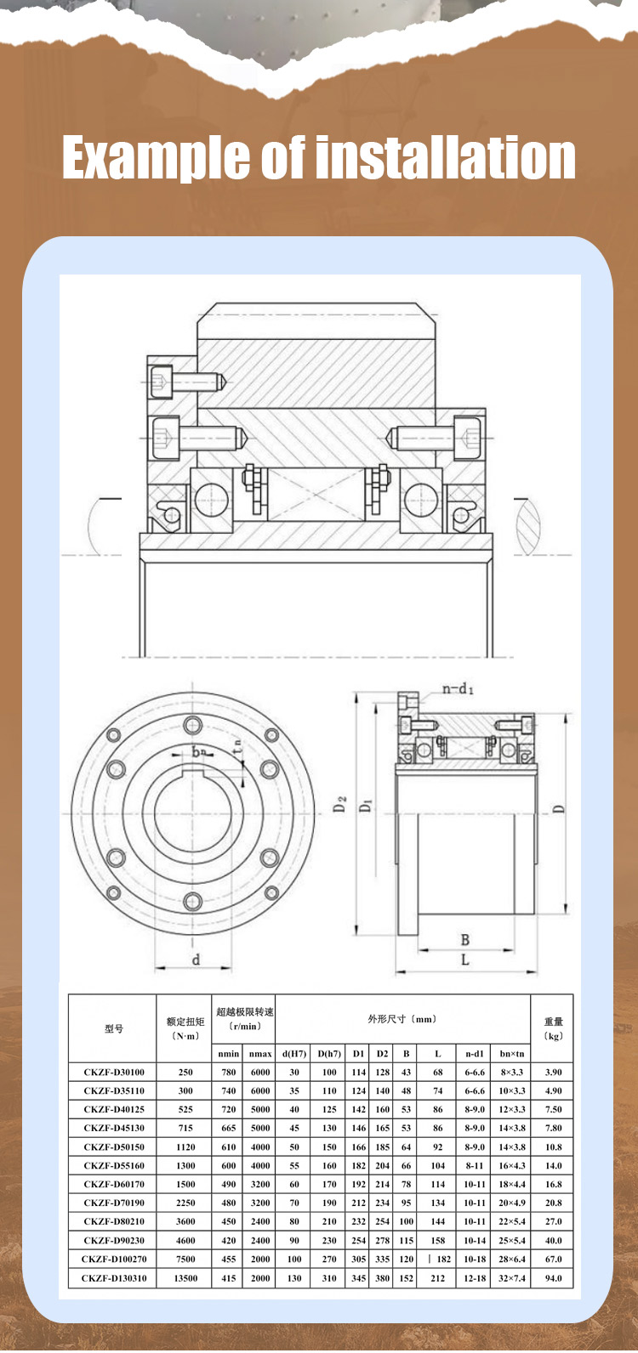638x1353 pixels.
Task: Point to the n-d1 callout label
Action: pos(458,688)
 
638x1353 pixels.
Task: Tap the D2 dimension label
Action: pos(339,804)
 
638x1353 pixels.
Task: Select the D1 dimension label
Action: pos(366,804)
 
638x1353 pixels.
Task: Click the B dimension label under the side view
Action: pos(464,939)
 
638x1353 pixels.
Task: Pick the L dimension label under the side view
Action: pos(464,960)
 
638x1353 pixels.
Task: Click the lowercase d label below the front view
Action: pos(196,960)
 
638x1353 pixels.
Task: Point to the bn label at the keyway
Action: pos(198,752)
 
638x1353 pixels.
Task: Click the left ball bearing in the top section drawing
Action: pos(211,500)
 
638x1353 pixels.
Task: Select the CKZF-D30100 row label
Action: pos(113,1072)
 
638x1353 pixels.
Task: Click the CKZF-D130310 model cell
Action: pos(113,1277)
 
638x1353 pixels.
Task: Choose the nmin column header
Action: pos(229,1053)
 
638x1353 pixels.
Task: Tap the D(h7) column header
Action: pos(329,1053)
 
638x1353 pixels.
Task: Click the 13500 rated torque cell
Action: pos(185,1277)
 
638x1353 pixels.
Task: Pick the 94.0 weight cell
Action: pos(553,1277)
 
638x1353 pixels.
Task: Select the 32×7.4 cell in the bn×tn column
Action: pos(512,1277)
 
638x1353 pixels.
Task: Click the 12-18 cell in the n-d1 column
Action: pos(475,1277)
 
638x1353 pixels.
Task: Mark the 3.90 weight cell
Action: pos(553,1072)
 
